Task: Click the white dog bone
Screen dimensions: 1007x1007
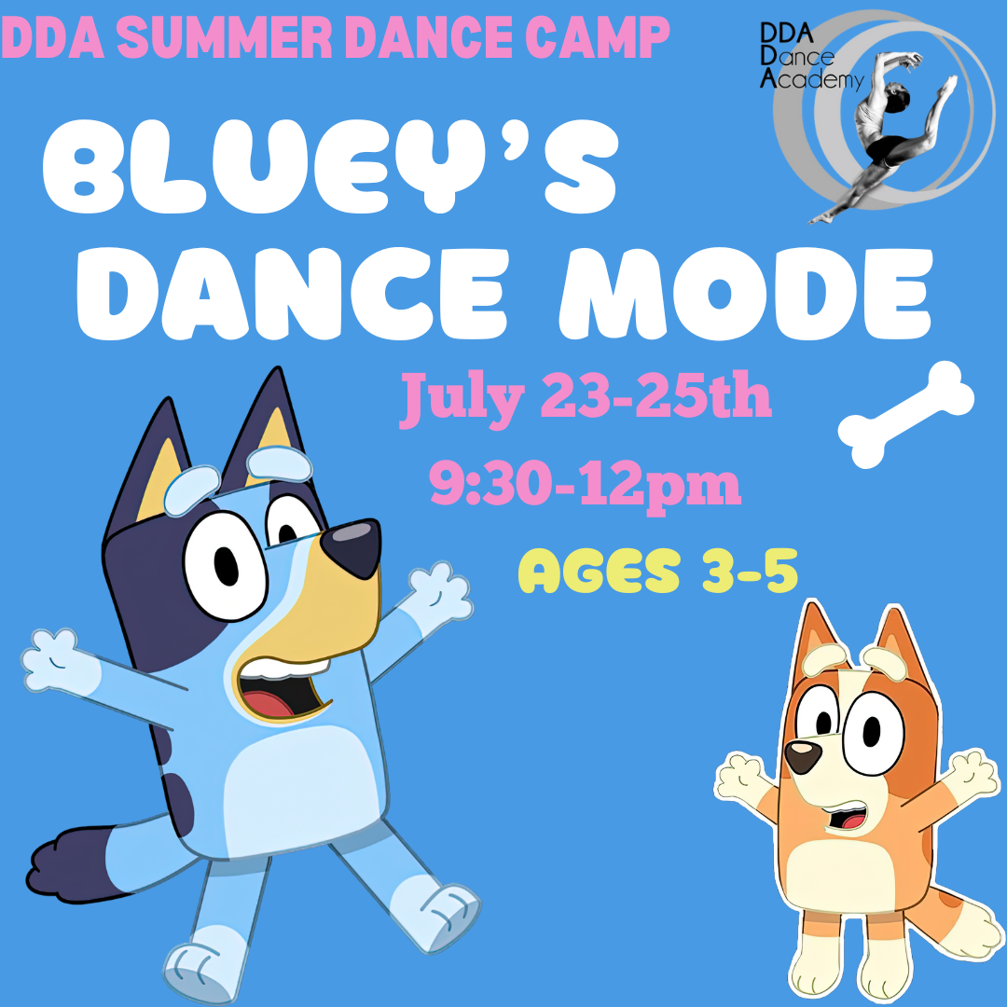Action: (x=905, y=414)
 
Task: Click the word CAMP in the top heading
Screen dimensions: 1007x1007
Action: (x=597, y=37)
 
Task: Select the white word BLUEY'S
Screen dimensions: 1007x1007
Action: (x=330, y=166)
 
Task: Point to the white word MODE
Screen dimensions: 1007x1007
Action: (x=745, y=293)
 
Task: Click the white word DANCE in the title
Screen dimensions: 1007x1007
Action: (x=292, y=293)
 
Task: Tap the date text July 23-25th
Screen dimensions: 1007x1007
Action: (x=585, y=398)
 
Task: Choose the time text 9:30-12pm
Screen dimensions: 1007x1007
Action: (x=585, y=485)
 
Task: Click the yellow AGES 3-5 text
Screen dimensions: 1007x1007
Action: (x=657, y=571)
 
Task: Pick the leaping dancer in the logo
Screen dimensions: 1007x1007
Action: (x=887, y=135)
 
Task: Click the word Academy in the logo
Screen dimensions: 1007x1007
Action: (x=812, y=79)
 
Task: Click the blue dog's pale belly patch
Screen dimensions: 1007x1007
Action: (x=302, y=790)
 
